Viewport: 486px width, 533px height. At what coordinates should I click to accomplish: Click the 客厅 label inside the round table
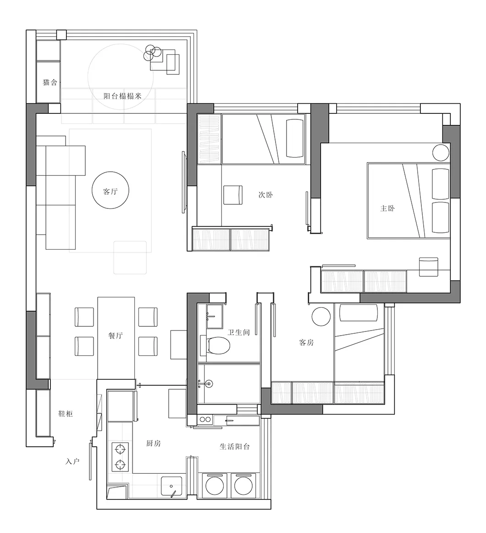110,191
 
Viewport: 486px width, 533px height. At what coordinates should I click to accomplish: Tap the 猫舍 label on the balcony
50,82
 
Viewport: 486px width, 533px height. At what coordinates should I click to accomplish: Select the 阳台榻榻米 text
122,96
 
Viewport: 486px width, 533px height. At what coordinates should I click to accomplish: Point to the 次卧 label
265,195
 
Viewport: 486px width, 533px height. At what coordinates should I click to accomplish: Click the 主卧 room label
387,208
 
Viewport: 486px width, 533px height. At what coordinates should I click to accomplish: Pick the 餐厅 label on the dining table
116,336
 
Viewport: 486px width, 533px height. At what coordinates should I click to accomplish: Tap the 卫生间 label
238,332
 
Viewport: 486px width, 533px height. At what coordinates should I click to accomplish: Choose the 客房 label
306,342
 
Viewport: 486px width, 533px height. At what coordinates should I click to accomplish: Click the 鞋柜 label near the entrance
66,414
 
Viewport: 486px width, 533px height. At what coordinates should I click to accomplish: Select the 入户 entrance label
72,461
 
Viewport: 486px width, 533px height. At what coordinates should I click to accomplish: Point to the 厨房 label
154,443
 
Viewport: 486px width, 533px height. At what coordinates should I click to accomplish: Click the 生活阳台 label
234,446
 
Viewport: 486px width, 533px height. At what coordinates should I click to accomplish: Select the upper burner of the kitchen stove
120,449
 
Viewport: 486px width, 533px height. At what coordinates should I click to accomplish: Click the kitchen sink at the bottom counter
171,487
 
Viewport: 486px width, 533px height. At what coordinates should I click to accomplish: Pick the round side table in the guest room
321,316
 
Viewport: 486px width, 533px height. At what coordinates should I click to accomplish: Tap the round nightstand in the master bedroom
441,152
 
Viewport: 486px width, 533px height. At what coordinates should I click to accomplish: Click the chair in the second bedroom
233,195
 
